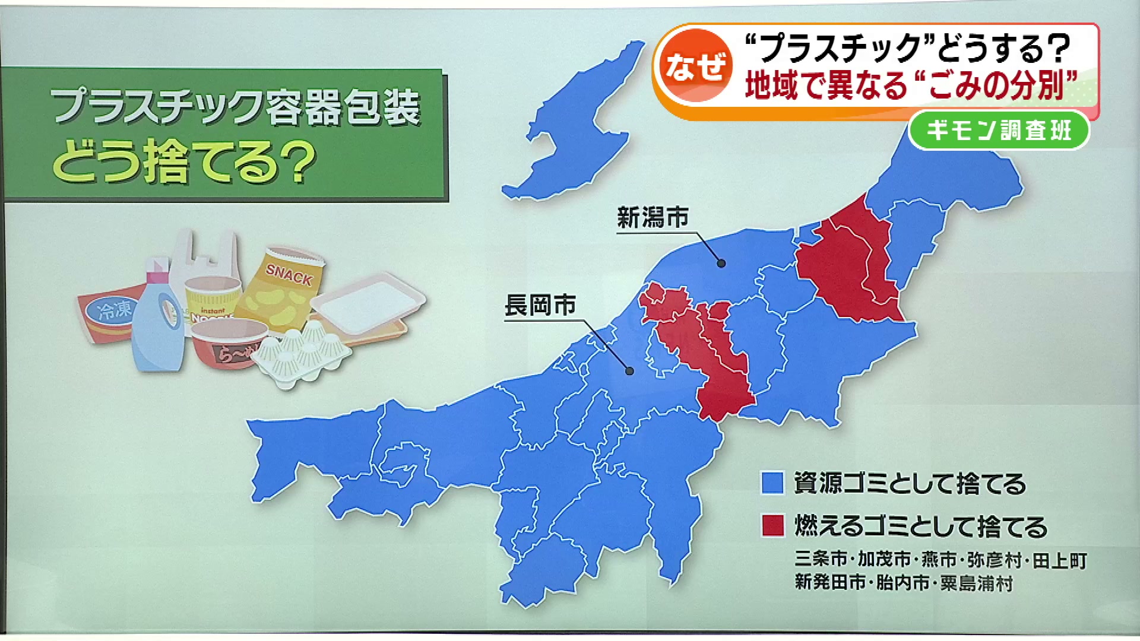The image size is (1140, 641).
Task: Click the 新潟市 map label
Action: (653, 218)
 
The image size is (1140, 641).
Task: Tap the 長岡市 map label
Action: (540, 306)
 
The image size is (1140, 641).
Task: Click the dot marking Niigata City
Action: (721, 263)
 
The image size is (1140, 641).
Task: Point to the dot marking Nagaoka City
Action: (629, 371)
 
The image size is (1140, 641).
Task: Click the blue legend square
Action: (772, 483)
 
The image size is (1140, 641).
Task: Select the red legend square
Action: (772, 526)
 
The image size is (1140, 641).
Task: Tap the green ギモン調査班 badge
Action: (999, 130)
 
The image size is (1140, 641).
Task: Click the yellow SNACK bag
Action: (285, 285)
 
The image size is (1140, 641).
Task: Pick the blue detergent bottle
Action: (157, 326)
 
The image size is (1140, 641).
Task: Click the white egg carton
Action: (303, 356)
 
